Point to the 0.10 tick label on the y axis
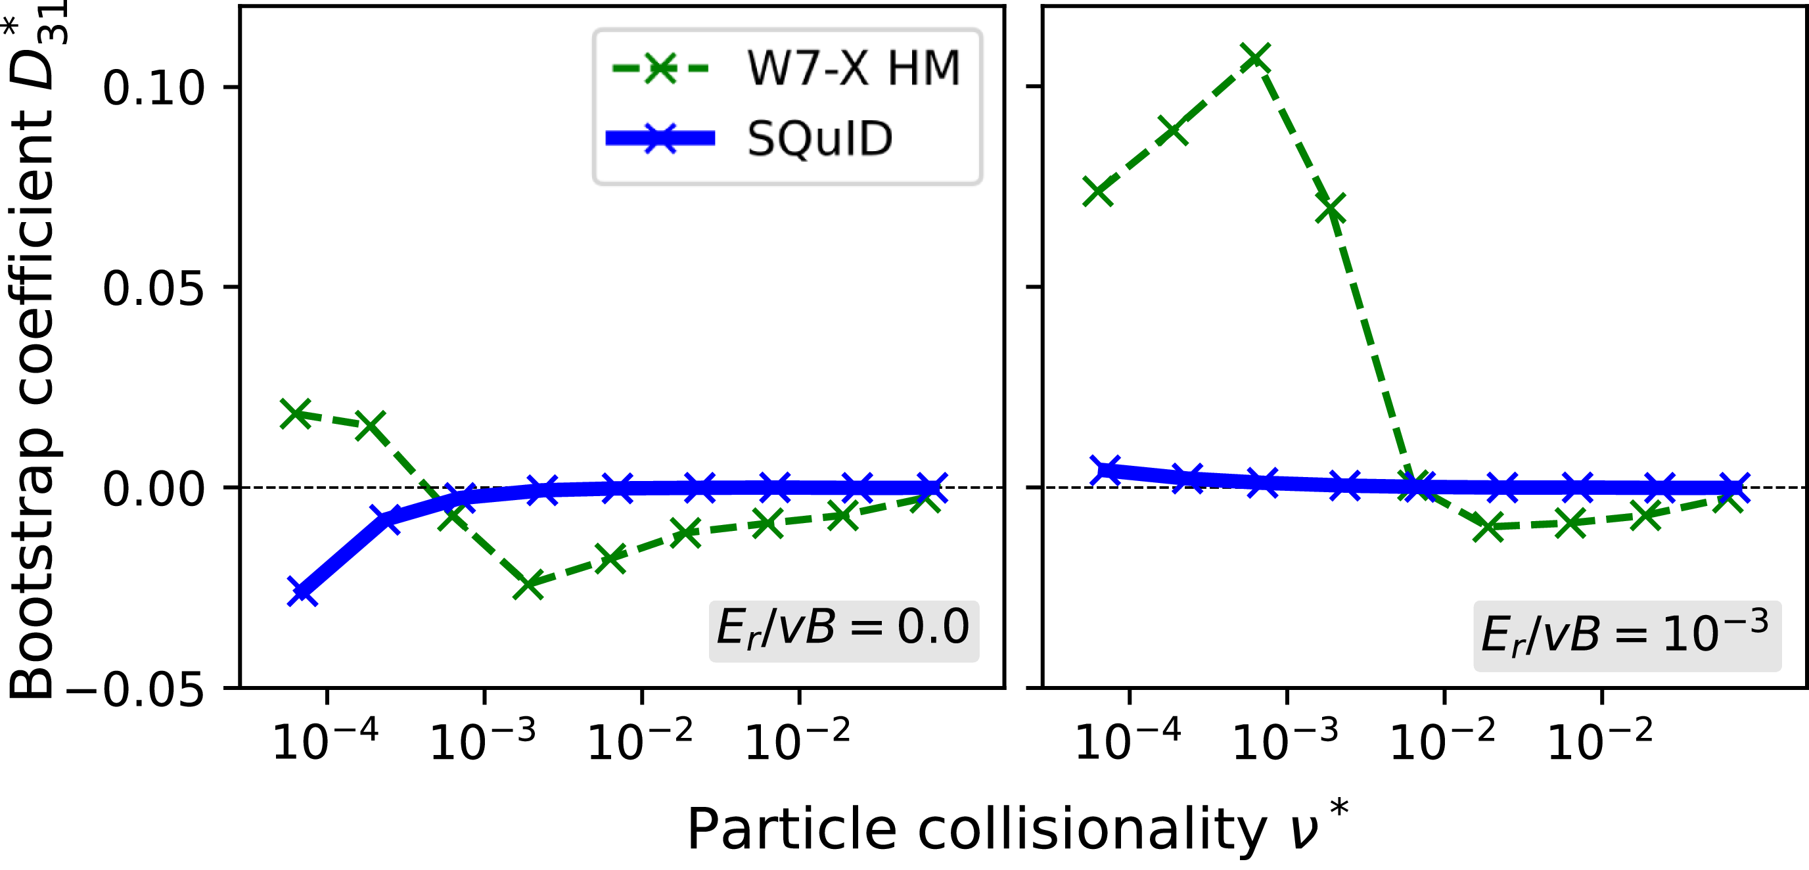point(154,89)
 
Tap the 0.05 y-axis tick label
point(154,288)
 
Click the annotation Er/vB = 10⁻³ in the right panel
point(1626,633)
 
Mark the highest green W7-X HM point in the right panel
point(1255,58)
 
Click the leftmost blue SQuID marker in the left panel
point(303,591)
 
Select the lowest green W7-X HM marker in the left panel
point(528,584)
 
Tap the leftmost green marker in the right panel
point(1098,191)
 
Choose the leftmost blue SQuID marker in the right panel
point(1106,470)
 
